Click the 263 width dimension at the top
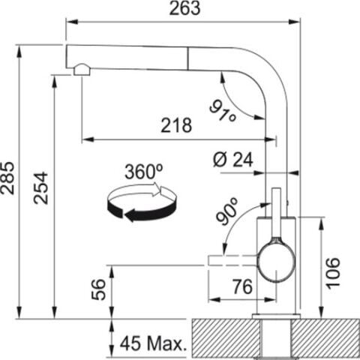tap(184, 8)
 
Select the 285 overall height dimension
tap(7, 178)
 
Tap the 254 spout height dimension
tap(41, 187)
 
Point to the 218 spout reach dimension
tap(176, 125)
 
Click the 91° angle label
tap(223, 111)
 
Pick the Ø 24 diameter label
tap(233, 160)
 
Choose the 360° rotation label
tap(144, 172)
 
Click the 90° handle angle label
tap(227, 211)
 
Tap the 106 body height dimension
tap(334, 273)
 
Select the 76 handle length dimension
tap(242, 286)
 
